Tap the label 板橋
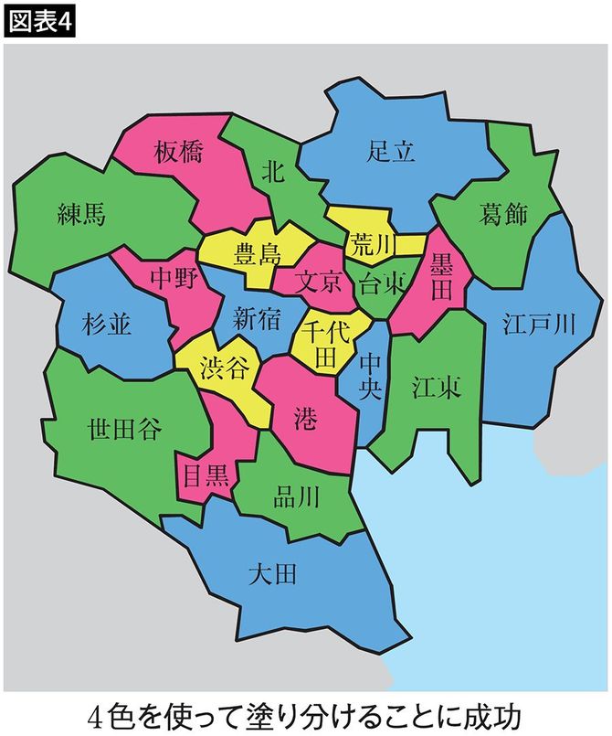point(179,153)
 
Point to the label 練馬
point(81,215)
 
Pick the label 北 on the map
point(273,170)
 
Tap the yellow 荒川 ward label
point(371,244)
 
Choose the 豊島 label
point(259,252)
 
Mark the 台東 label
point(383,282)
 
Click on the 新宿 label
point(256,318)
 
